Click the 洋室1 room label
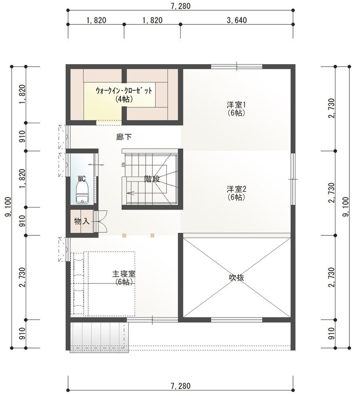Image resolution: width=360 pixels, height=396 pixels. click(236, 105)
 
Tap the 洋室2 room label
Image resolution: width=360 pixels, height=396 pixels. click(236, 189)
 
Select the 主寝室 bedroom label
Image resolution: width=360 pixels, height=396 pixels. click(124, 274)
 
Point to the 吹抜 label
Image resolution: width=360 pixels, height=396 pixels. click(236, 278)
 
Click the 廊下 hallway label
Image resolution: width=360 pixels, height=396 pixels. click(124, 137)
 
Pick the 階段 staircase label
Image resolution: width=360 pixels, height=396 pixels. click(152, 179)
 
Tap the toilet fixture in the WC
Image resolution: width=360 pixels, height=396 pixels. click(82, 192)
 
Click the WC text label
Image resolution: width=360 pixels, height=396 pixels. click(82, 179)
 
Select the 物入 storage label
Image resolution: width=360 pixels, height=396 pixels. click(82, 221)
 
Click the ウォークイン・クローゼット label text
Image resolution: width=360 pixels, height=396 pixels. click(124, 91)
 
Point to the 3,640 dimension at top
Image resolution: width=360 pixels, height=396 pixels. click(237, 20)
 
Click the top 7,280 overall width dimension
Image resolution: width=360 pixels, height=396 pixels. click(180, 6)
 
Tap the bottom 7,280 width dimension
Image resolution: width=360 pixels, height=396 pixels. click(180, 386)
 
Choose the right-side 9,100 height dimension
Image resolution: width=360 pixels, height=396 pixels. click(346, 207)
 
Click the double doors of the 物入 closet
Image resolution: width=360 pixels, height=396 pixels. click(101, 221)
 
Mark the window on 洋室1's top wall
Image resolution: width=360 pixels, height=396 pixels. click(237, 67)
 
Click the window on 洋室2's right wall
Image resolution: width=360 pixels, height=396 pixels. click(293, 179)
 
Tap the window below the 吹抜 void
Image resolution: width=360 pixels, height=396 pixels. click(237, 320)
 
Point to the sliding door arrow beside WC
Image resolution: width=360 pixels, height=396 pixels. click(96, 165)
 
